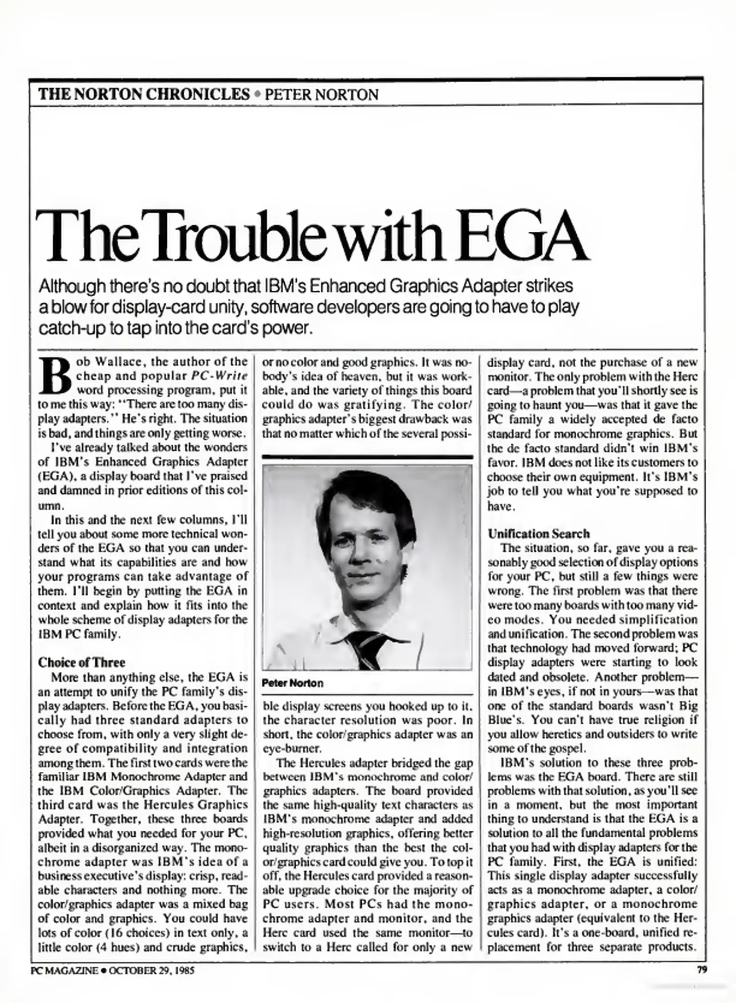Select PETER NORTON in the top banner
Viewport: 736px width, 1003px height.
click(321, 95)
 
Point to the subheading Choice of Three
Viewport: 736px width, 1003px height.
click(82, 662)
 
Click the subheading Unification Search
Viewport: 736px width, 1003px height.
click(539, 534)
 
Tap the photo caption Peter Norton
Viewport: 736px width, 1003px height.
click(293, 683)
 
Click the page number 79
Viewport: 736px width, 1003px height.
click(702, 970)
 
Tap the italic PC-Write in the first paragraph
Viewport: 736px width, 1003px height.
click(216, 376)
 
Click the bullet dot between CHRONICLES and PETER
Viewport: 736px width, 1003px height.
click(257, 95)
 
